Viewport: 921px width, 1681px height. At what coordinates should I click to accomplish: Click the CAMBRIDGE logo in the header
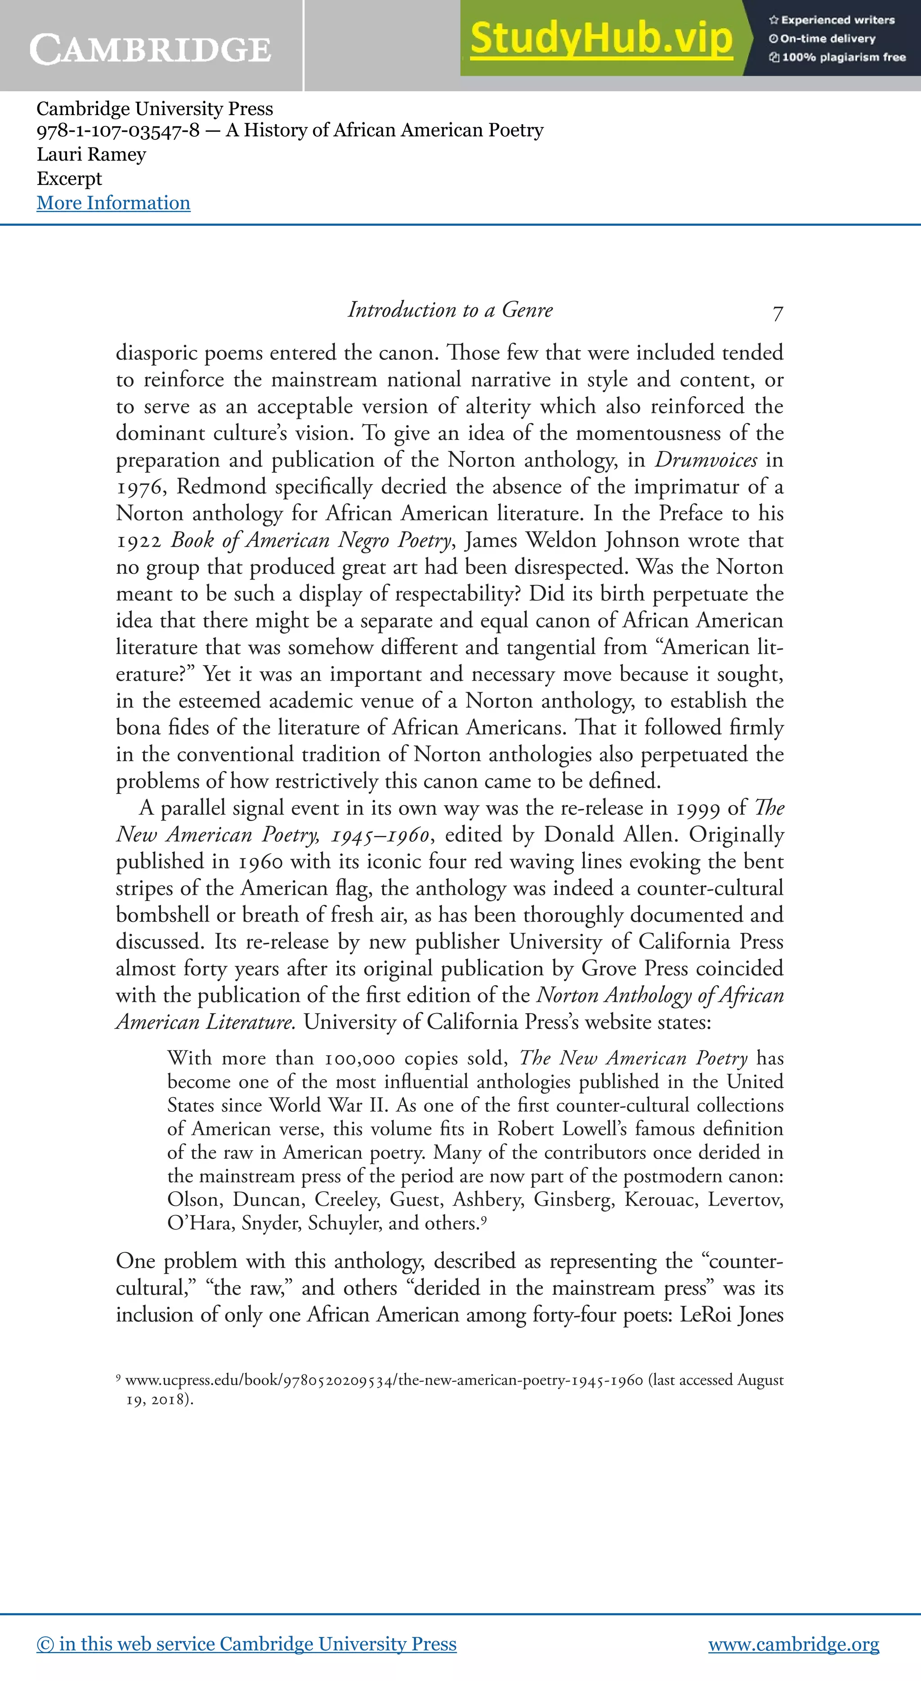click(x=150, y=49)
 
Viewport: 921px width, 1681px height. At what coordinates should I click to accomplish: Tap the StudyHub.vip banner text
click(x=601, y=38)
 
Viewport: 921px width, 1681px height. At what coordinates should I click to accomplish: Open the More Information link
click(x=113, y=203)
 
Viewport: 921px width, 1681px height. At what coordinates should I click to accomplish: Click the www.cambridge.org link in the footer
click(x=793, y=1643)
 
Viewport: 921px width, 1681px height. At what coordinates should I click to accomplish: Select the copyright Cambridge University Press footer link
click(x=246, y=1643)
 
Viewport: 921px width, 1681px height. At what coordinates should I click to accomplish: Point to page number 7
click(x=778, y=313)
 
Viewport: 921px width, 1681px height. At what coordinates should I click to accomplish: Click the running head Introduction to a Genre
click(x=450, y=309)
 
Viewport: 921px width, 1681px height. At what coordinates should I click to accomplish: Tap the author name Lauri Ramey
click(x=91, y=155)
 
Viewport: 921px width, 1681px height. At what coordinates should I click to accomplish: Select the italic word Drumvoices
click(x=706, y=460)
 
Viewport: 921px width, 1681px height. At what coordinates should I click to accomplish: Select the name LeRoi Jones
click(x=731, y=1314)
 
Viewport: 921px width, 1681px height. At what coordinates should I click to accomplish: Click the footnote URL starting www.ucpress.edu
click(x=384, y=1380)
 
